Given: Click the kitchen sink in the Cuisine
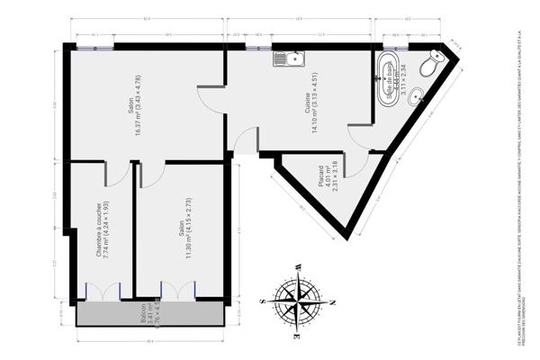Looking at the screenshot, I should (291, 60).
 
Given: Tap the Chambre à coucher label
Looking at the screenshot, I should (100, 229).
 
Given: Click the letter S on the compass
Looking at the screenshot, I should (261, 301).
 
